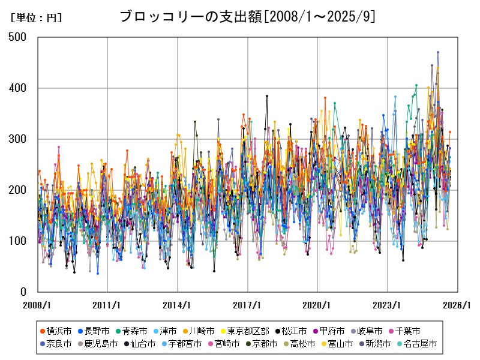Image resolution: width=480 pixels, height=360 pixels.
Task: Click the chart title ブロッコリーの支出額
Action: (x=247, y=16)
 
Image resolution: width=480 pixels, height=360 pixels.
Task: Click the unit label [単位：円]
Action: (x=36, y=18)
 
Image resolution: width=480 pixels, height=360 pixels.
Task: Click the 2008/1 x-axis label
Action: (x=38, y=305)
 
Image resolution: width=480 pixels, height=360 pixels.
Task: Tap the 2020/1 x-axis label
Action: (x=317, y=305)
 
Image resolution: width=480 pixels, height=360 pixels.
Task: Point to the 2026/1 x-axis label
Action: (x=457, y=305)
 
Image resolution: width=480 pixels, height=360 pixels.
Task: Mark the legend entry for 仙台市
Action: (x=140, y=344)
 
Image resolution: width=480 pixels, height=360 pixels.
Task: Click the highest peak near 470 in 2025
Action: (x=438, y=52)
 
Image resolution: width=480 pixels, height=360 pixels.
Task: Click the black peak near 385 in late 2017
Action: (x=267, y=96)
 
